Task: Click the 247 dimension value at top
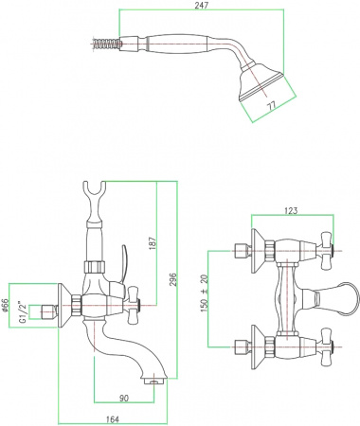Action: tap(202, 6)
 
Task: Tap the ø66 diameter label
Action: tap(6, 306)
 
